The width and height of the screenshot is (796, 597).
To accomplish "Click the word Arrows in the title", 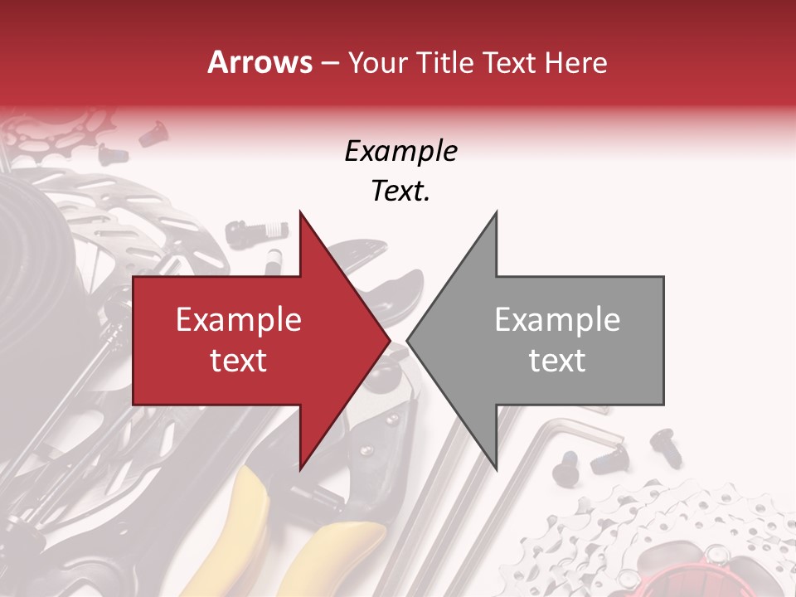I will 260,63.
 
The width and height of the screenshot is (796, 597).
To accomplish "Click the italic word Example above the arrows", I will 400,152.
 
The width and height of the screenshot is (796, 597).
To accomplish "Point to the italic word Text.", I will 400,192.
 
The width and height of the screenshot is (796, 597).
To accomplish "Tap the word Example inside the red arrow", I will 239,320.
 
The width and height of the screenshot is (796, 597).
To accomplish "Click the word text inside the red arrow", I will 239,360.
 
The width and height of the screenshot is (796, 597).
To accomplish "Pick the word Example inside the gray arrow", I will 557,320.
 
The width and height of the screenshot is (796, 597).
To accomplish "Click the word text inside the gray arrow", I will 557,360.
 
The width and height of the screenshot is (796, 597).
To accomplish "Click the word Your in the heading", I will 378,63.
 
